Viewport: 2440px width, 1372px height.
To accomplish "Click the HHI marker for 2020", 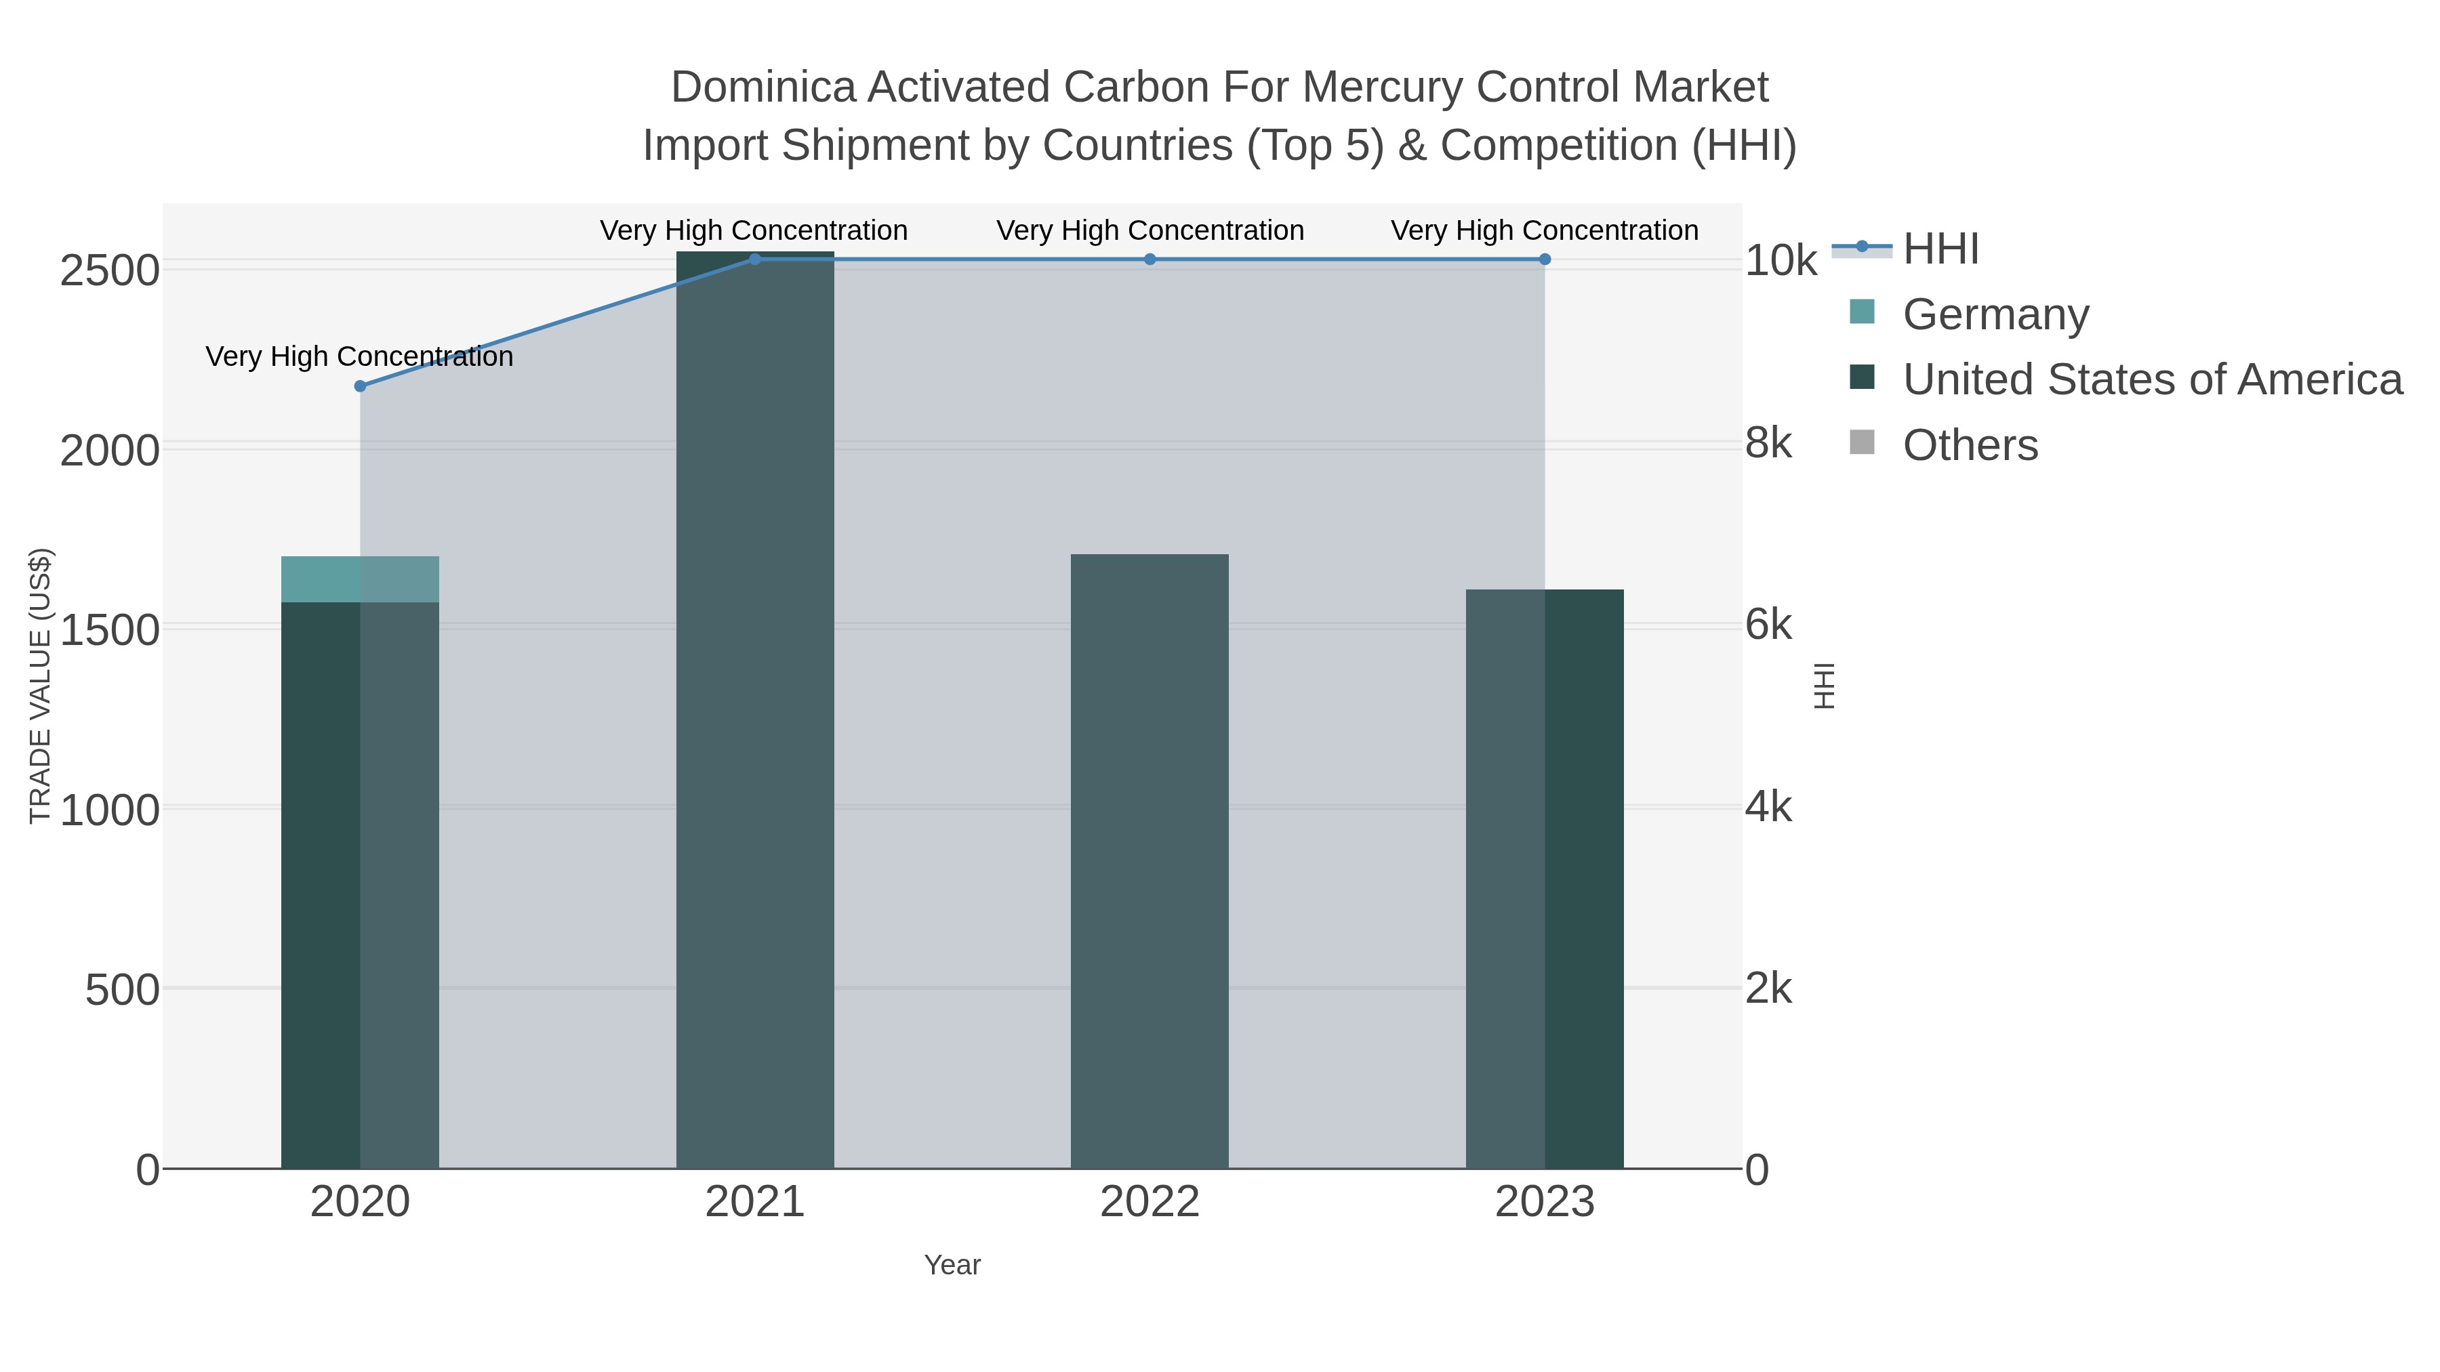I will click(360, 386).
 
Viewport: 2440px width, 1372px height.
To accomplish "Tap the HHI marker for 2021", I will click(755, 259).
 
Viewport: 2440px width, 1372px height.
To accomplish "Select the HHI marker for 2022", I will click(1150, 259).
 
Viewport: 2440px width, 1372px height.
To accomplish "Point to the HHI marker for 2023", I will click(1545, 259).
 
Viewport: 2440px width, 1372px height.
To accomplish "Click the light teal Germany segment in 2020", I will click(360, 579).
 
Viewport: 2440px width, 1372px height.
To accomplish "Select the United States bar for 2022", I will click(1150, 862).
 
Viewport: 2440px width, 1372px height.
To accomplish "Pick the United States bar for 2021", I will click(755, 710).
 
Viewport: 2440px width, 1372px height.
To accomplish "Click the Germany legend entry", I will click(1995, 314).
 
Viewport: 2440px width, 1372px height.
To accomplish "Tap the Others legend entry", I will click(1970, 445).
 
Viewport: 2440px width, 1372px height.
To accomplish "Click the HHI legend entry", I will click(1940, 249).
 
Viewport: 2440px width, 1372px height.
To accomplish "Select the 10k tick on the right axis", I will click(1781, 262).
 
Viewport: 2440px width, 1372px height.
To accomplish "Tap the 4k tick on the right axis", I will click(1768, 808).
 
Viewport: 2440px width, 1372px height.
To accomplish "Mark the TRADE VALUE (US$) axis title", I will click(41, 686).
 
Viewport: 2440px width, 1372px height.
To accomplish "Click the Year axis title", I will click(952, 1265).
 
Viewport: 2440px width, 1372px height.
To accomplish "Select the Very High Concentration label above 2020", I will click(360, 357).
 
